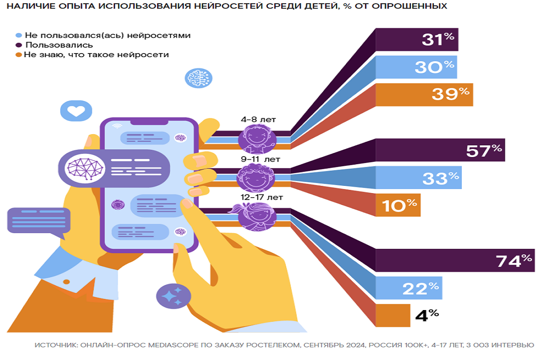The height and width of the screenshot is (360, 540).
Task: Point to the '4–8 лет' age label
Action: [258, 120]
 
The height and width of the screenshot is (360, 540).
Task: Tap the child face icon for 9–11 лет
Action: [255, 177]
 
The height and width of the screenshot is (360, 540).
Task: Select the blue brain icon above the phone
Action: [198, 78]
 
